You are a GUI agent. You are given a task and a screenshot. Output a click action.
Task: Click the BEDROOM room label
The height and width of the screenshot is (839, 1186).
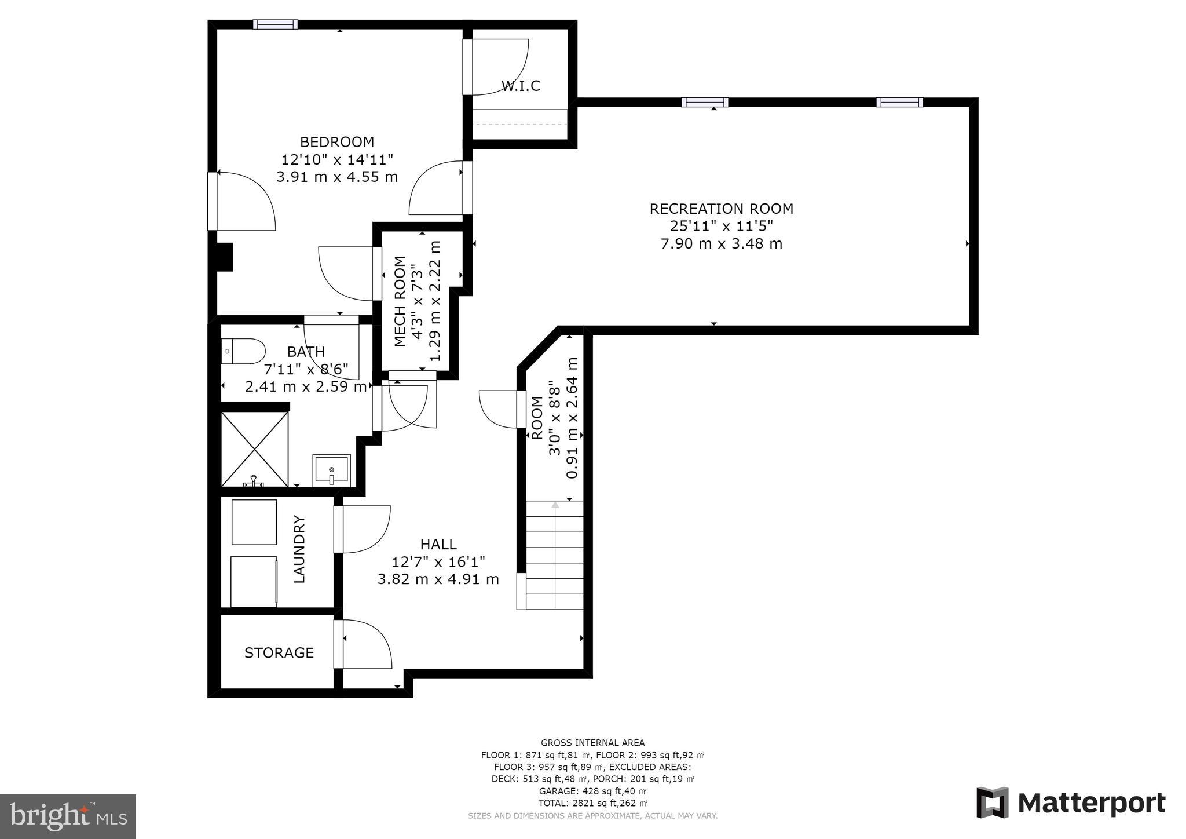(x=336, y=142)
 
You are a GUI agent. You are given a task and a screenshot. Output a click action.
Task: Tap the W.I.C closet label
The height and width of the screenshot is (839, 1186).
(x=521, y=86)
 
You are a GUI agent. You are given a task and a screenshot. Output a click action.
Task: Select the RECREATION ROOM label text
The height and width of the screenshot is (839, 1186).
(x=721, y=209)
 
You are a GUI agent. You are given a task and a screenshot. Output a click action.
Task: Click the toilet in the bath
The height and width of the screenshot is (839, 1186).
(x=243, y=352)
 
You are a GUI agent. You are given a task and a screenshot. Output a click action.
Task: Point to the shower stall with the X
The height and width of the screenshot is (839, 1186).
(x=255, y=449)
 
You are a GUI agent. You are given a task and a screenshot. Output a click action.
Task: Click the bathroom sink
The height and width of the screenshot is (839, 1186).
(x=331, y=470)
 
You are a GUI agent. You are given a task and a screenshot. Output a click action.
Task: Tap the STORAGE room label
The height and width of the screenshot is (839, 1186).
(x=279, y=653)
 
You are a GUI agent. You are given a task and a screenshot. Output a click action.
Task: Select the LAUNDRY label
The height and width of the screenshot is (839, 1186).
(x=299, y=549)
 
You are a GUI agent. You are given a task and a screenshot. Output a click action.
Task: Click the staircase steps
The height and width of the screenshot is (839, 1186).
(x=555, y=555)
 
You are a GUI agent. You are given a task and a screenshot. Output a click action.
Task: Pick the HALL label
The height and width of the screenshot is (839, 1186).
(x=438, y=545)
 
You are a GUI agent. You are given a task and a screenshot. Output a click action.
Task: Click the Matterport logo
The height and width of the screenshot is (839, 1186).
(x=1071, y=803)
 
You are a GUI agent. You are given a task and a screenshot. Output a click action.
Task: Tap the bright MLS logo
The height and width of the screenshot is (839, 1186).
(x=68, y=816)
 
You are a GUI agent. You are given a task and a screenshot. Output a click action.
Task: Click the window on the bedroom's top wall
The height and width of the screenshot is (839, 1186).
(x=275, y=24)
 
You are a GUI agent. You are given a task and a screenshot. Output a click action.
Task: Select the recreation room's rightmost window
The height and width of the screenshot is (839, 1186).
(x=899, y=103)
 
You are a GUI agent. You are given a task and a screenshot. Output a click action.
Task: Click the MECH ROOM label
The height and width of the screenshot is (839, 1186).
(x=400, y=301)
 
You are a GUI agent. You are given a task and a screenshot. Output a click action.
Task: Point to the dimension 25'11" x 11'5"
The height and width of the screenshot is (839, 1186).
(x=721, y=226)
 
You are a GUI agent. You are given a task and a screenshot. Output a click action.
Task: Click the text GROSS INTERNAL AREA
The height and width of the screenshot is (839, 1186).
(x=592, y=743)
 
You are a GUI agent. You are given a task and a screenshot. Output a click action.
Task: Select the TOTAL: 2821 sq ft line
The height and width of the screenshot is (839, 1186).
(x=592, y=803)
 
